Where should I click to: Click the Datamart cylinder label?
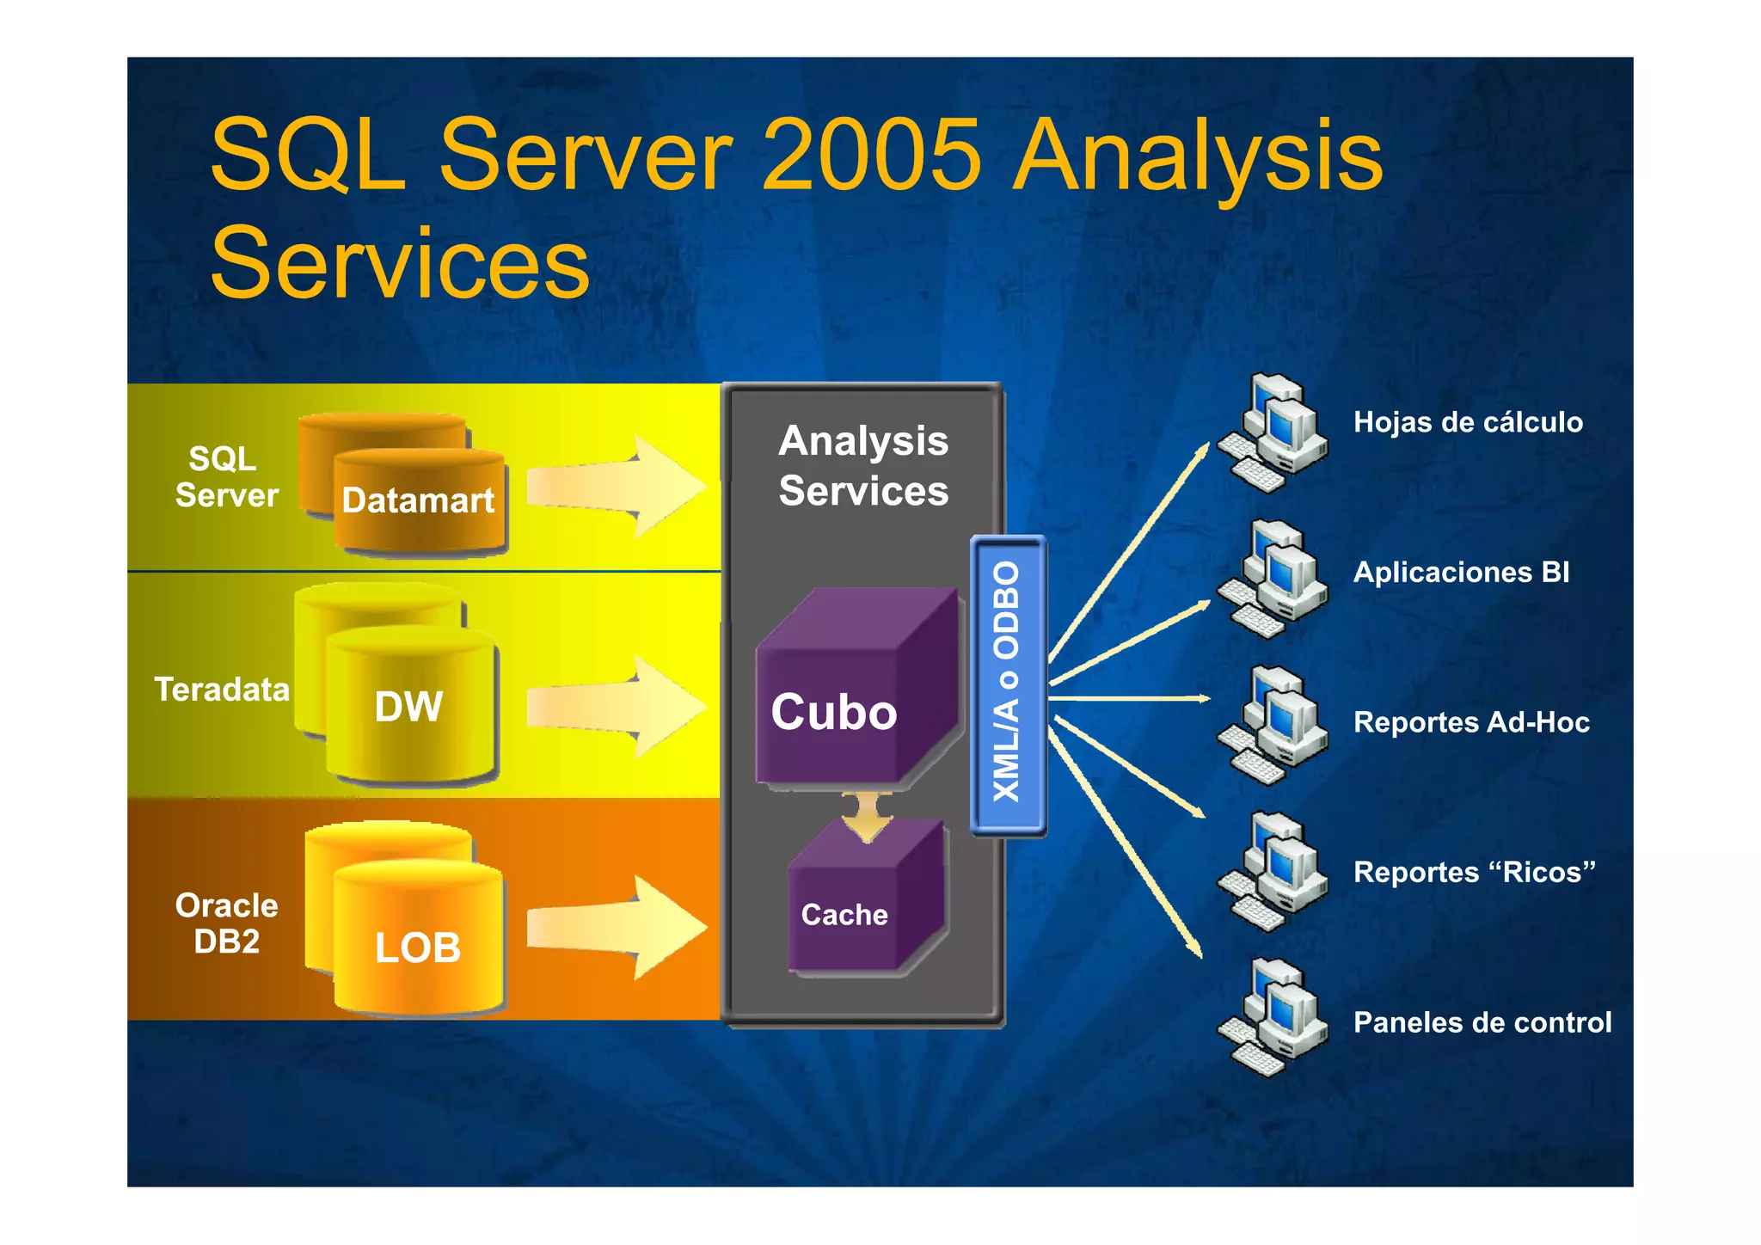[x=418, y=500]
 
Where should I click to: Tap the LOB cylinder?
[x=418, y=946]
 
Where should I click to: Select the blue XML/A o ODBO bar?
[x=1008, y=684]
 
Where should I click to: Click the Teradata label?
[x=222, y=690]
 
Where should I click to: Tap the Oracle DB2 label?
[x=227, y=923]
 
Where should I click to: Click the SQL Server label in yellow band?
[x=225, y=477]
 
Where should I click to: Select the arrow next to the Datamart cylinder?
[x=615, y=487]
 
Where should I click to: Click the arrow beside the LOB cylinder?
[x=615, y=929]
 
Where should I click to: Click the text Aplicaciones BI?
[x=1461, y=573]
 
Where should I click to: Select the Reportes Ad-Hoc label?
[x=1471, y=722]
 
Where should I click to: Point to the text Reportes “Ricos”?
[x=1474, y=872]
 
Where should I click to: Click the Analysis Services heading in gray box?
[x=863, y=465]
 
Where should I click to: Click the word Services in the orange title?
[x=400, y=262]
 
